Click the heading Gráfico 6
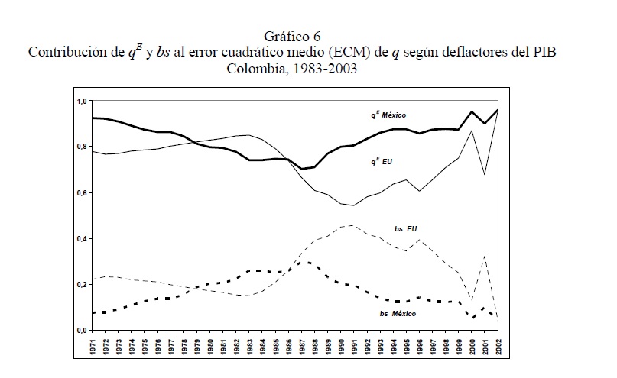point(307,36)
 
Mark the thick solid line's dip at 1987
point(301,169)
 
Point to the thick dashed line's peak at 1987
point(303,263)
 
